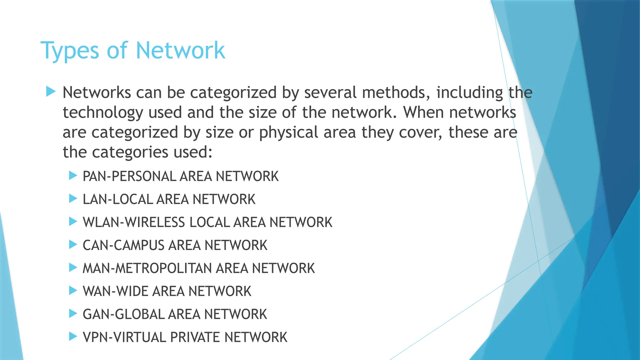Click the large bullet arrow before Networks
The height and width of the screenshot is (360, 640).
50,92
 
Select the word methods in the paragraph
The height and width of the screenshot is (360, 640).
396,92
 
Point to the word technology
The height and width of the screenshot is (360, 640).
103,113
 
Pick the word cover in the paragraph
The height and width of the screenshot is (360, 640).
420,132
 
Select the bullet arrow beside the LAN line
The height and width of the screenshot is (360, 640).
73,198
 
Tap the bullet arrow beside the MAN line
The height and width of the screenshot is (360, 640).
73,267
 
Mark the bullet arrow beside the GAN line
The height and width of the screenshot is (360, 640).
73,313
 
